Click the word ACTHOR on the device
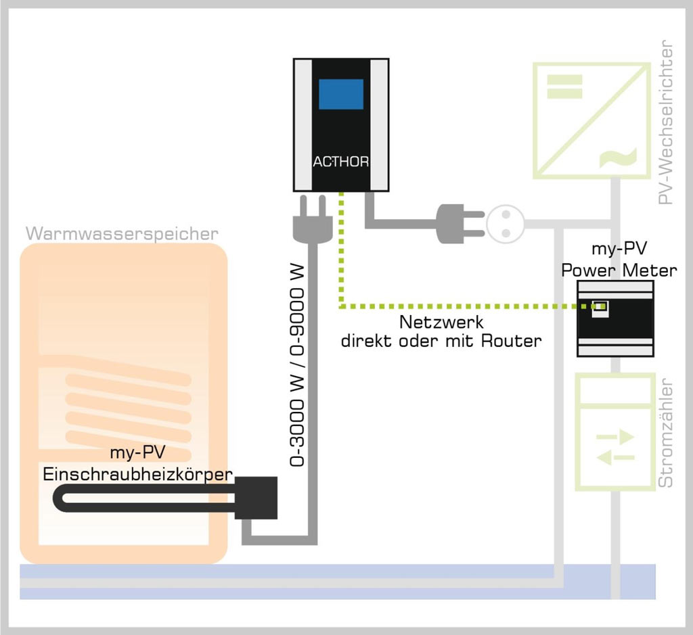click(x=340, y=162)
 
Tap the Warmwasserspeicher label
click(x=122, y=234)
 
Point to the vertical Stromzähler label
click(x=667, y=433)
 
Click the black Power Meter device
click(x=614, y=318)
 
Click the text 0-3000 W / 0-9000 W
click(x=298, y=365)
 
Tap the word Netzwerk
click(x=441, y=322)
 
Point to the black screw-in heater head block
click(x=256, y=498)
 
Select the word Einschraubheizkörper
click(x=138, y=473)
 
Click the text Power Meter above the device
click(x=619, y=271)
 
